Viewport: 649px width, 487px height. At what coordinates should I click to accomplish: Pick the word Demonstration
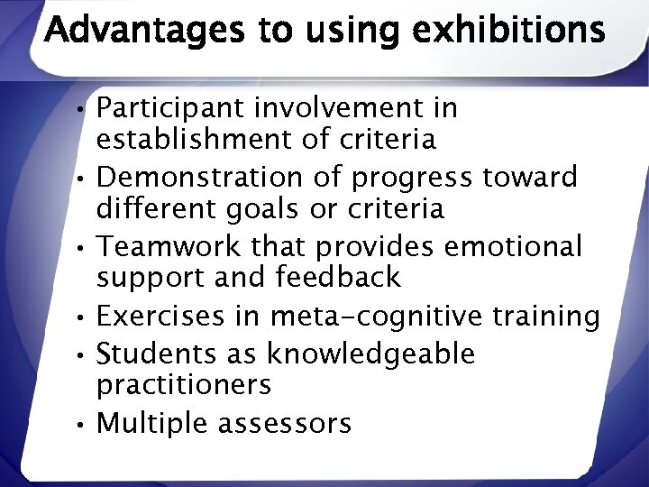pos(196,177)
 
